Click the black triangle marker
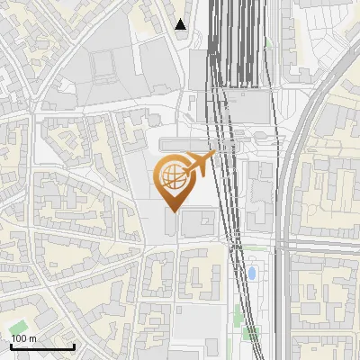(x=181, y=24)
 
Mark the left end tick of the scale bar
(x=11, y=345)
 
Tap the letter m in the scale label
(x=32, y=338)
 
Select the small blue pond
(x=252, y=271)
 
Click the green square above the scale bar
(x=20, y=325)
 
